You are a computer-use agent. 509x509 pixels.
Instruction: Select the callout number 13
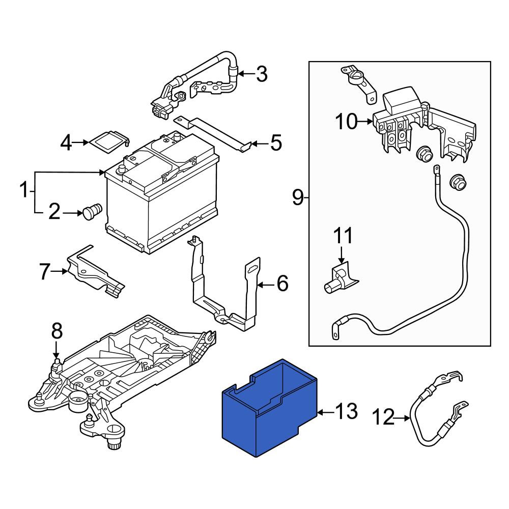click(x=346, y=411)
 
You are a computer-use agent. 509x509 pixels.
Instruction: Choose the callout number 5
click(x=276, y=143)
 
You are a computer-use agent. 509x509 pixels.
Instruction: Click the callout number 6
click(x=282, y=283)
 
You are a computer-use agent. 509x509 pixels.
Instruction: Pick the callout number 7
click(x=45, y=271)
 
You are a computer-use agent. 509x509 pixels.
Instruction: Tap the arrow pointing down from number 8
click(x=56, y=349)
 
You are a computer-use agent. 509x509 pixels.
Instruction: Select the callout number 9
click(x=298, y=197)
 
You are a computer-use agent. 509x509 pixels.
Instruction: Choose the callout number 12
click(x=383, y=417)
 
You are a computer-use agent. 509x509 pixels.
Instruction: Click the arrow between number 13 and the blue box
click(x=326, y=413)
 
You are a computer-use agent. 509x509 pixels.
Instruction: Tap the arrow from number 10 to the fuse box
click(x=365, y=122)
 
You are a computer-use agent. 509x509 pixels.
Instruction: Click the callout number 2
click(x=54, y=212)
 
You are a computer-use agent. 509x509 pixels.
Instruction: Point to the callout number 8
click(x=56, y=331)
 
